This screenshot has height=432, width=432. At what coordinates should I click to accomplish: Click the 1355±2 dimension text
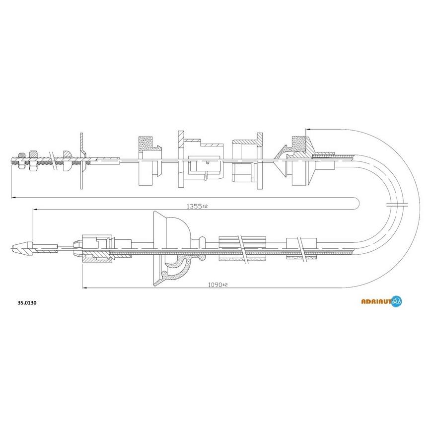click(x=197, y=206)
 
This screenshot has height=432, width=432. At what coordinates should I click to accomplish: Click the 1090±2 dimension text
click(x=217, y=285)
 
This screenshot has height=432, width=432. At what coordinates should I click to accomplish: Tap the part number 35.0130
click(x=27, y=303)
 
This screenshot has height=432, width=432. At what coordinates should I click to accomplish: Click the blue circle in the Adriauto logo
click(x=396, y=301)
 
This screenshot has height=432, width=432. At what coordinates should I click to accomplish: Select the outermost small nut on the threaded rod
click(x=21, y=160)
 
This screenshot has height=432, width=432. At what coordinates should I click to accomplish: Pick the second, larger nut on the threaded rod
click(x=33, y=160)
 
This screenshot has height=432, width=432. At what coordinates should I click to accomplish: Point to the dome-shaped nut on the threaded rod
click(x=68, y=160)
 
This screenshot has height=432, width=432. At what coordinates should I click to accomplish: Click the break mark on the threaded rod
click(x=54, y=161)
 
